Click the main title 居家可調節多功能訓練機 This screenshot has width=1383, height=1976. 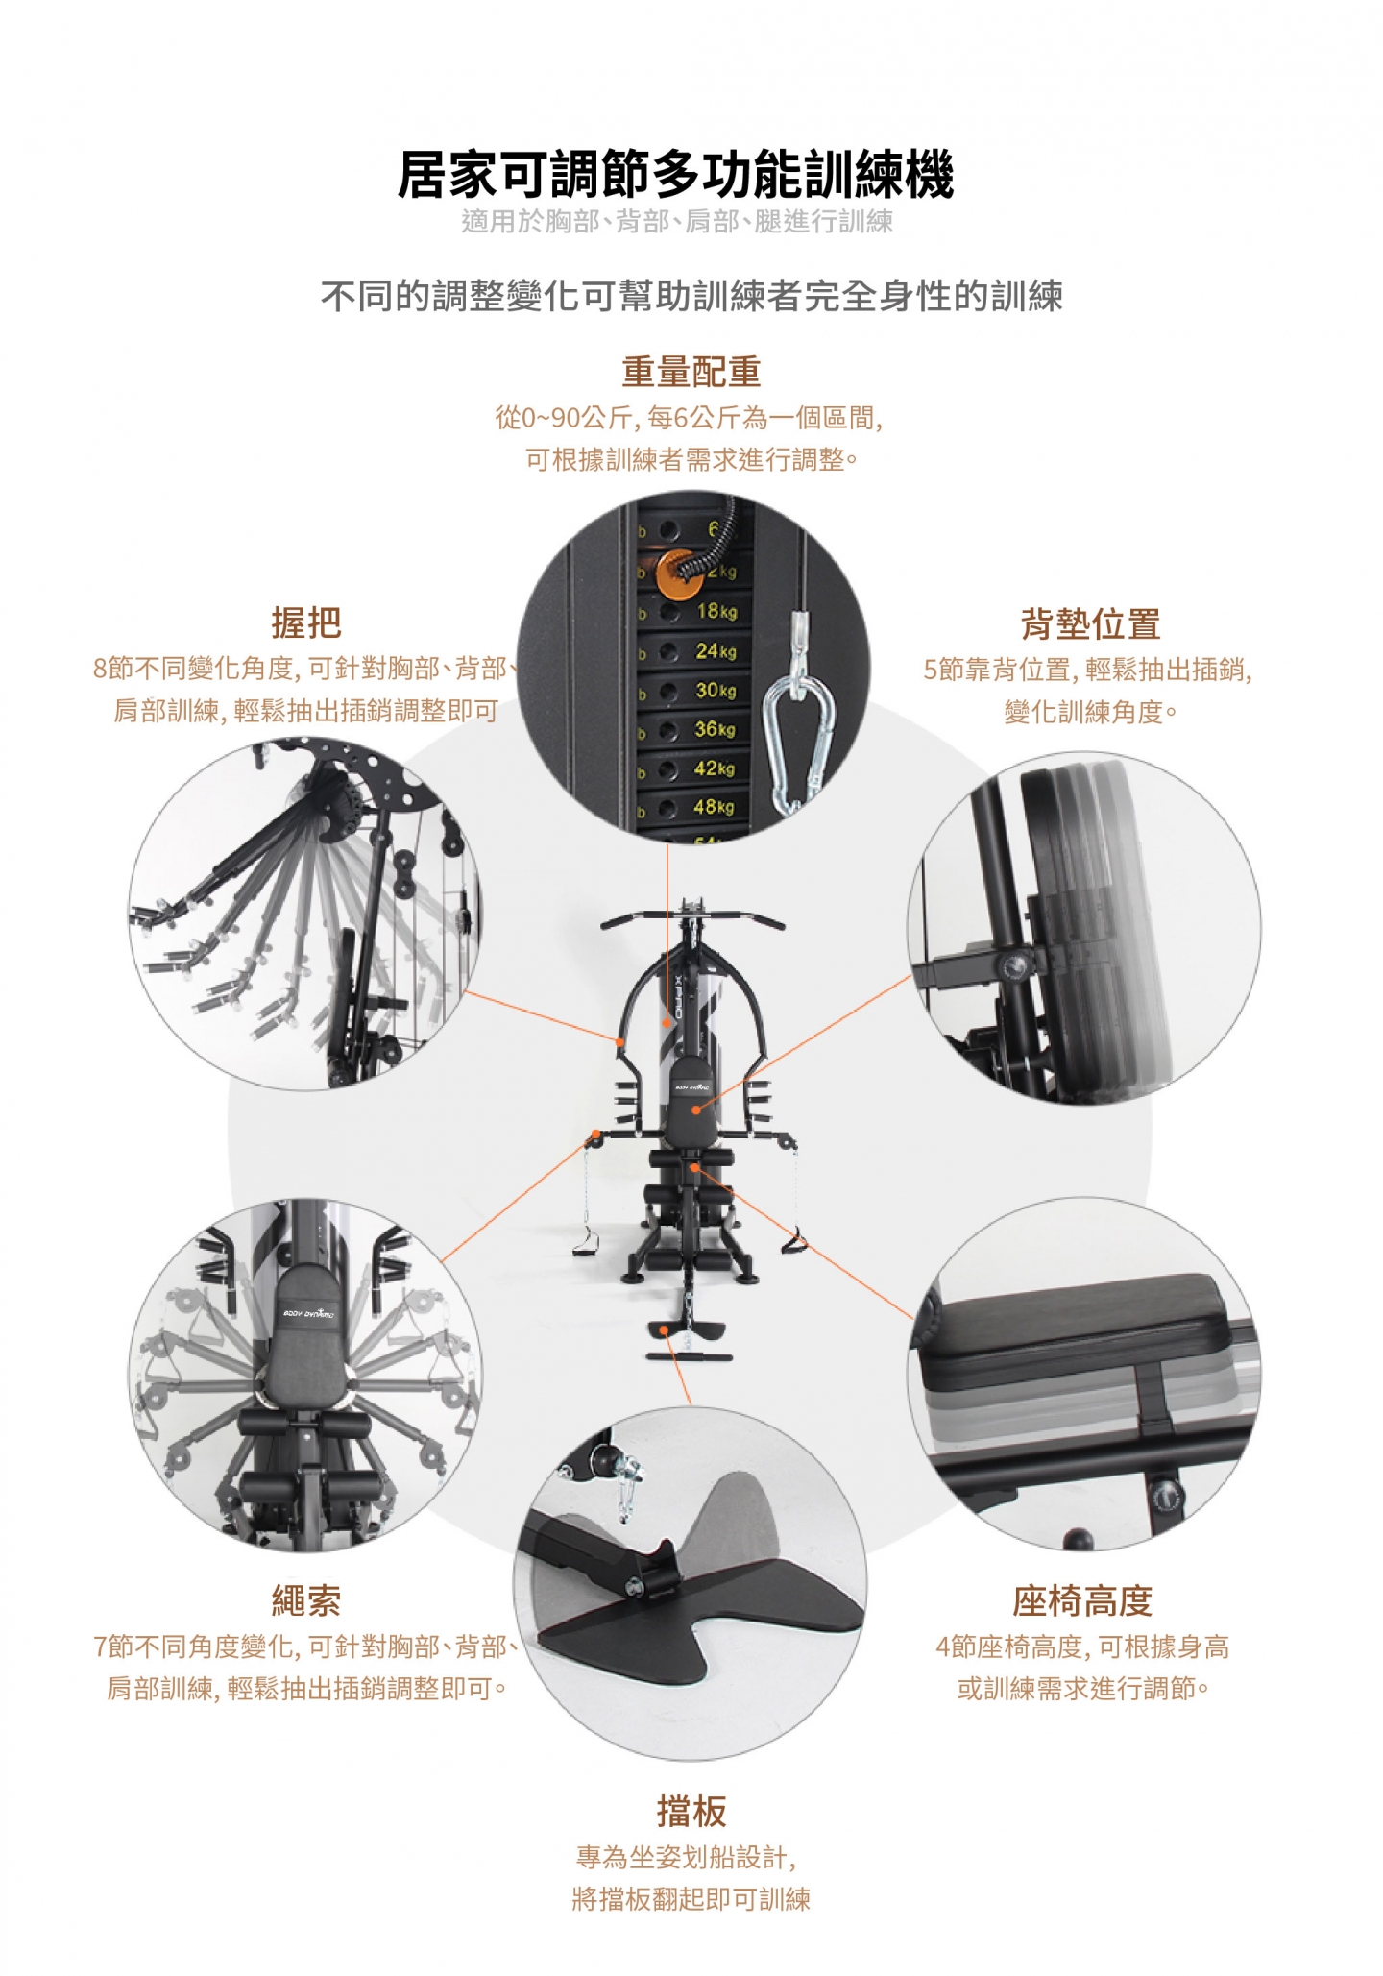pyautogui.click(x=676, y=175)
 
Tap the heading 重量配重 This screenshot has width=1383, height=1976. pyautogui.click(x=691, y=372)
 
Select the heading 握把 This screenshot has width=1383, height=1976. pyautogui.click(x=306, y=622)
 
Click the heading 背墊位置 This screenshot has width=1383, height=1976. pyautogui.click(x=1090, y=623)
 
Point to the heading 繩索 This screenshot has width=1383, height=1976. pyautogui.click(x=306, y=1600)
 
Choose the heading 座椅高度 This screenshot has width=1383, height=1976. pyautogui.click(x=1082, y=1600)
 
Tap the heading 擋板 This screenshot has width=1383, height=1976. pyautogui.click(x=691, y=1811)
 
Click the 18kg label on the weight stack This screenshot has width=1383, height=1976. pyautogui.click(x=716, y=611)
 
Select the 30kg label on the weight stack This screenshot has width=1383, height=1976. pyautogui.click(x=716, y=691)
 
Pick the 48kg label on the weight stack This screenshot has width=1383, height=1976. pyautogui.click(x=714, y=807)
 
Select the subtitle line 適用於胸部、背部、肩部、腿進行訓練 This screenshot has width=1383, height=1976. pyautogui.click(x=677, y=222)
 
